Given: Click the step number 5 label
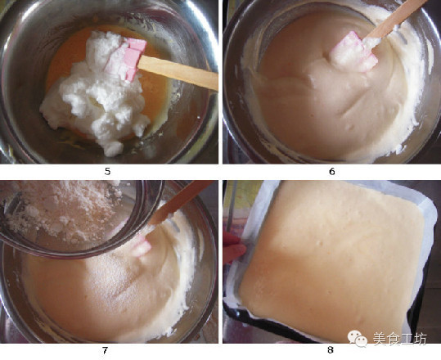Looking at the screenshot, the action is [x=107, y=172].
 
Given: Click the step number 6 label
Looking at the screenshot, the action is [x=332, y=172].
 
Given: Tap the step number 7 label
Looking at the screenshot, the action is [x=105, y=350].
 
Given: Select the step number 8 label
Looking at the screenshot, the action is [x=331, y=350].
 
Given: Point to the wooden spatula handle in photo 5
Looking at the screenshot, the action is [x=178, y=72].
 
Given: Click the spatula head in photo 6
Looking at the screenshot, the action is [x=353, y=53].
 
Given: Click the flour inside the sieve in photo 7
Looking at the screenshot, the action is [x=62, y=211].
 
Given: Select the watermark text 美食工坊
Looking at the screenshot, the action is [x=399, y=339].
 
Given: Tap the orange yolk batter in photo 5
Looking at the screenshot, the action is [x=157, y=92].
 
